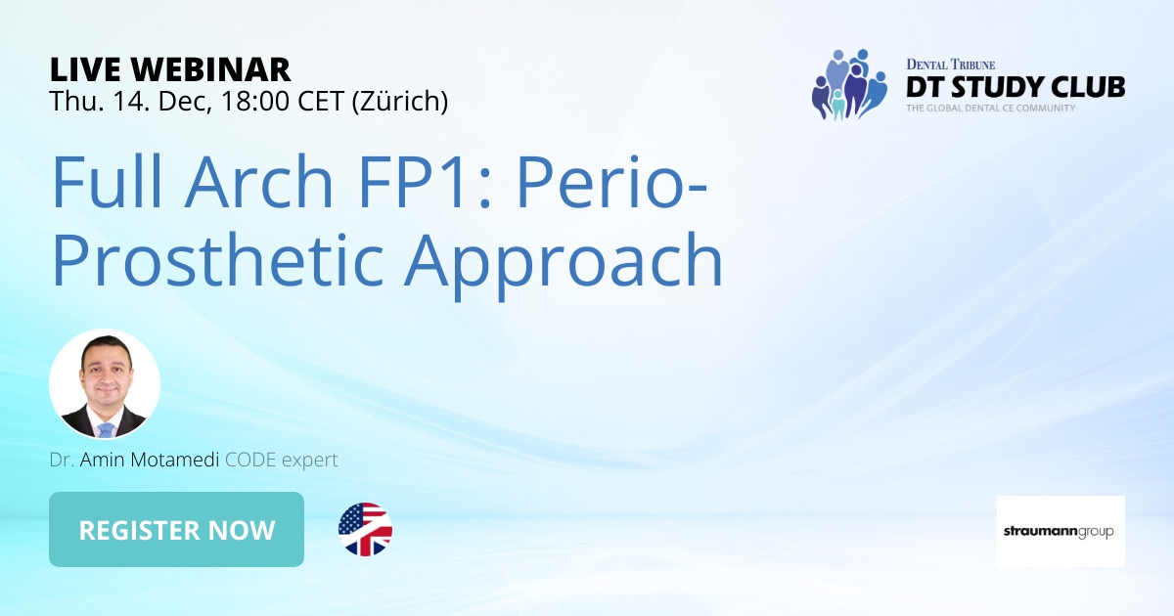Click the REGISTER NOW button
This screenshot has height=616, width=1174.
176,530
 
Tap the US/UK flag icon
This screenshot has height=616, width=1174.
365,530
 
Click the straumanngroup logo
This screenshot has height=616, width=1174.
1061,531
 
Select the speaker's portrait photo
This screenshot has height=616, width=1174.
105,384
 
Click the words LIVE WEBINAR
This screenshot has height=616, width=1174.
170,69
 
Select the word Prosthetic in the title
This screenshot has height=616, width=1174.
219,260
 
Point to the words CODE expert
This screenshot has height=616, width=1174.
281,459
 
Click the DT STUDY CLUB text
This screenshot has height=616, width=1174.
1015,86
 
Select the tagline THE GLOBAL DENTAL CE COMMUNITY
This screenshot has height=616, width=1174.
990,108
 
